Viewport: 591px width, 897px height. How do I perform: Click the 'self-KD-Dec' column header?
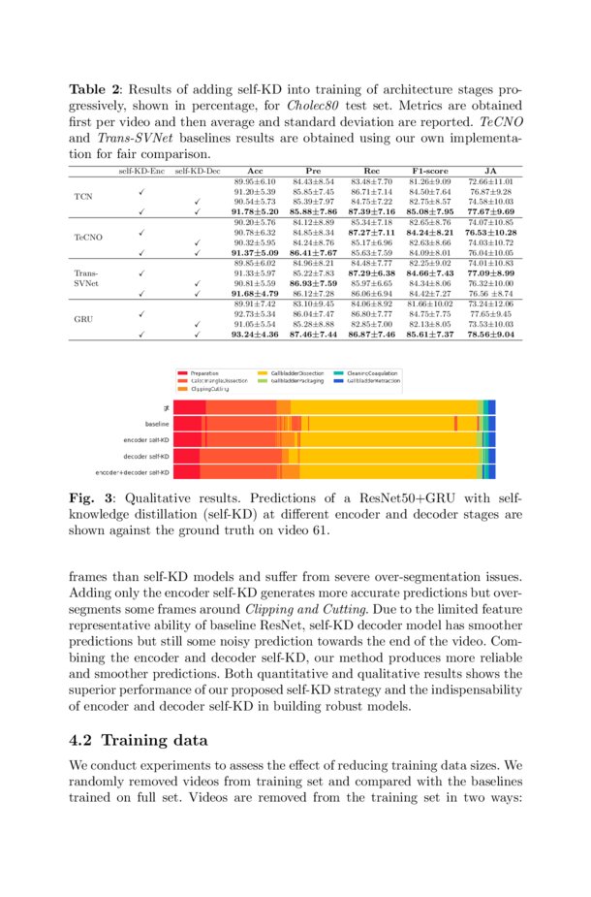(197, 170)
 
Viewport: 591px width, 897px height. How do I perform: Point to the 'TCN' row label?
(83, 197)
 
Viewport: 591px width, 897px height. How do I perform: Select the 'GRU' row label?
(83, 317)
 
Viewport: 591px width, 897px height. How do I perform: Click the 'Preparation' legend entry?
(204, 373)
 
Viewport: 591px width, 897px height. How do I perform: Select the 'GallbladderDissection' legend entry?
(297, 373)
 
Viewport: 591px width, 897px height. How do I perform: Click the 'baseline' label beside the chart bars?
(157, 424)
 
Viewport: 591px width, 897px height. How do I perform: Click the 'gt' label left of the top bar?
(166, 408)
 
